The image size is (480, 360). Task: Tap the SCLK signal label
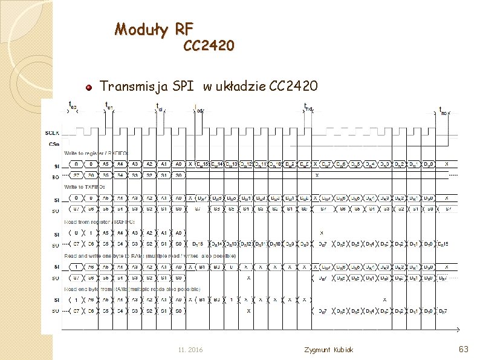(x=53, y=133)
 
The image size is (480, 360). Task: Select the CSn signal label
(x=54, y=144)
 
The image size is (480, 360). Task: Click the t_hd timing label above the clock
(x=308, y=108)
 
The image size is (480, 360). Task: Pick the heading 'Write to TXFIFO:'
(x=85, y=188)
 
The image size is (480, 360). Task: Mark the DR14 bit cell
(x=216, y=244)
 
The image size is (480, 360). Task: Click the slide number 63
(x=464, y=349)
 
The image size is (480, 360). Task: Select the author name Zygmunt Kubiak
(x=329, y=350)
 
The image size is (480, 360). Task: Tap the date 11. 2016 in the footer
(x=190, y=350)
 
